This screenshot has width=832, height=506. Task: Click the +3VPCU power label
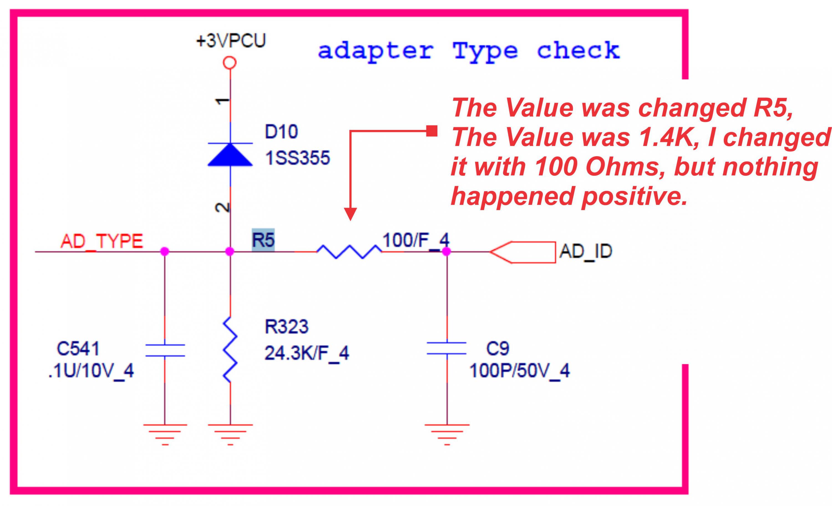point(231,41)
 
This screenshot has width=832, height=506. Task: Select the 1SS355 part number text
point(297,158)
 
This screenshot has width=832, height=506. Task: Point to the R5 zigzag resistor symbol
point(349,252)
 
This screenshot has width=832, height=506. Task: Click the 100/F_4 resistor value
point(416,240)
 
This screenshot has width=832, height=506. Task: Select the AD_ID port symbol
point(523,252)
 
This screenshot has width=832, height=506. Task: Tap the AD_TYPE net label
point(102,241)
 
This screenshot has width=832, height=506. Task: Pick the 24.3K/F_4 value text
point(307,353)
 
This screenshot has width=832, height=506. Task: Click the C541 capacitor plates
point(165,350)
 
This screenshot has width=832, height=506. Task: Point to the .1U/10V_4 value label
point(91,371)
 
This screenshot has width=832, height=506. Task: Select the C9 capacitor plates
point(447,349)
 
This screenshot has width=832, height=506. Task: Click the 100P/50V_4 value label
point(520,371)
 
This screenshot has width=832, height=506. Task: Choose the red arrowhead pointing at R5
point(351,214)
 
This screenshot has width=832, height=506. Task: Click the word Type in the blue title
point(485,51)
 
